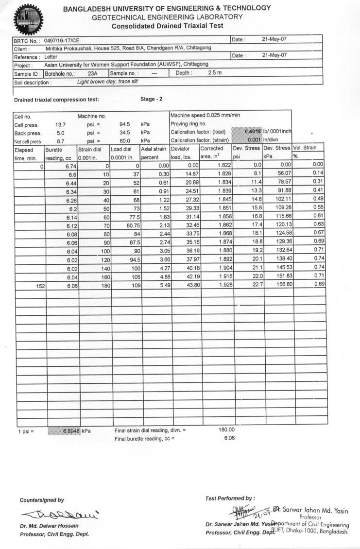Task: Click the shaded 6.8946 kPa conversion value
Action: (x=65, y=430)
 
